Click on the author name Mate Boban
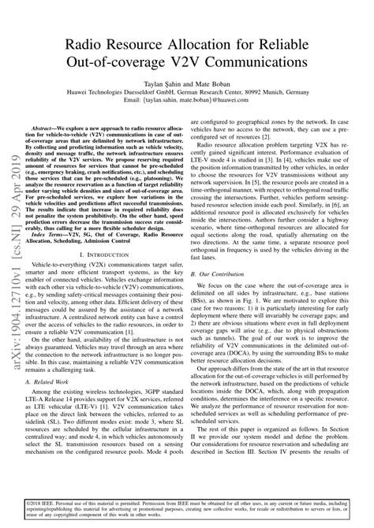pos(219,82)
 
